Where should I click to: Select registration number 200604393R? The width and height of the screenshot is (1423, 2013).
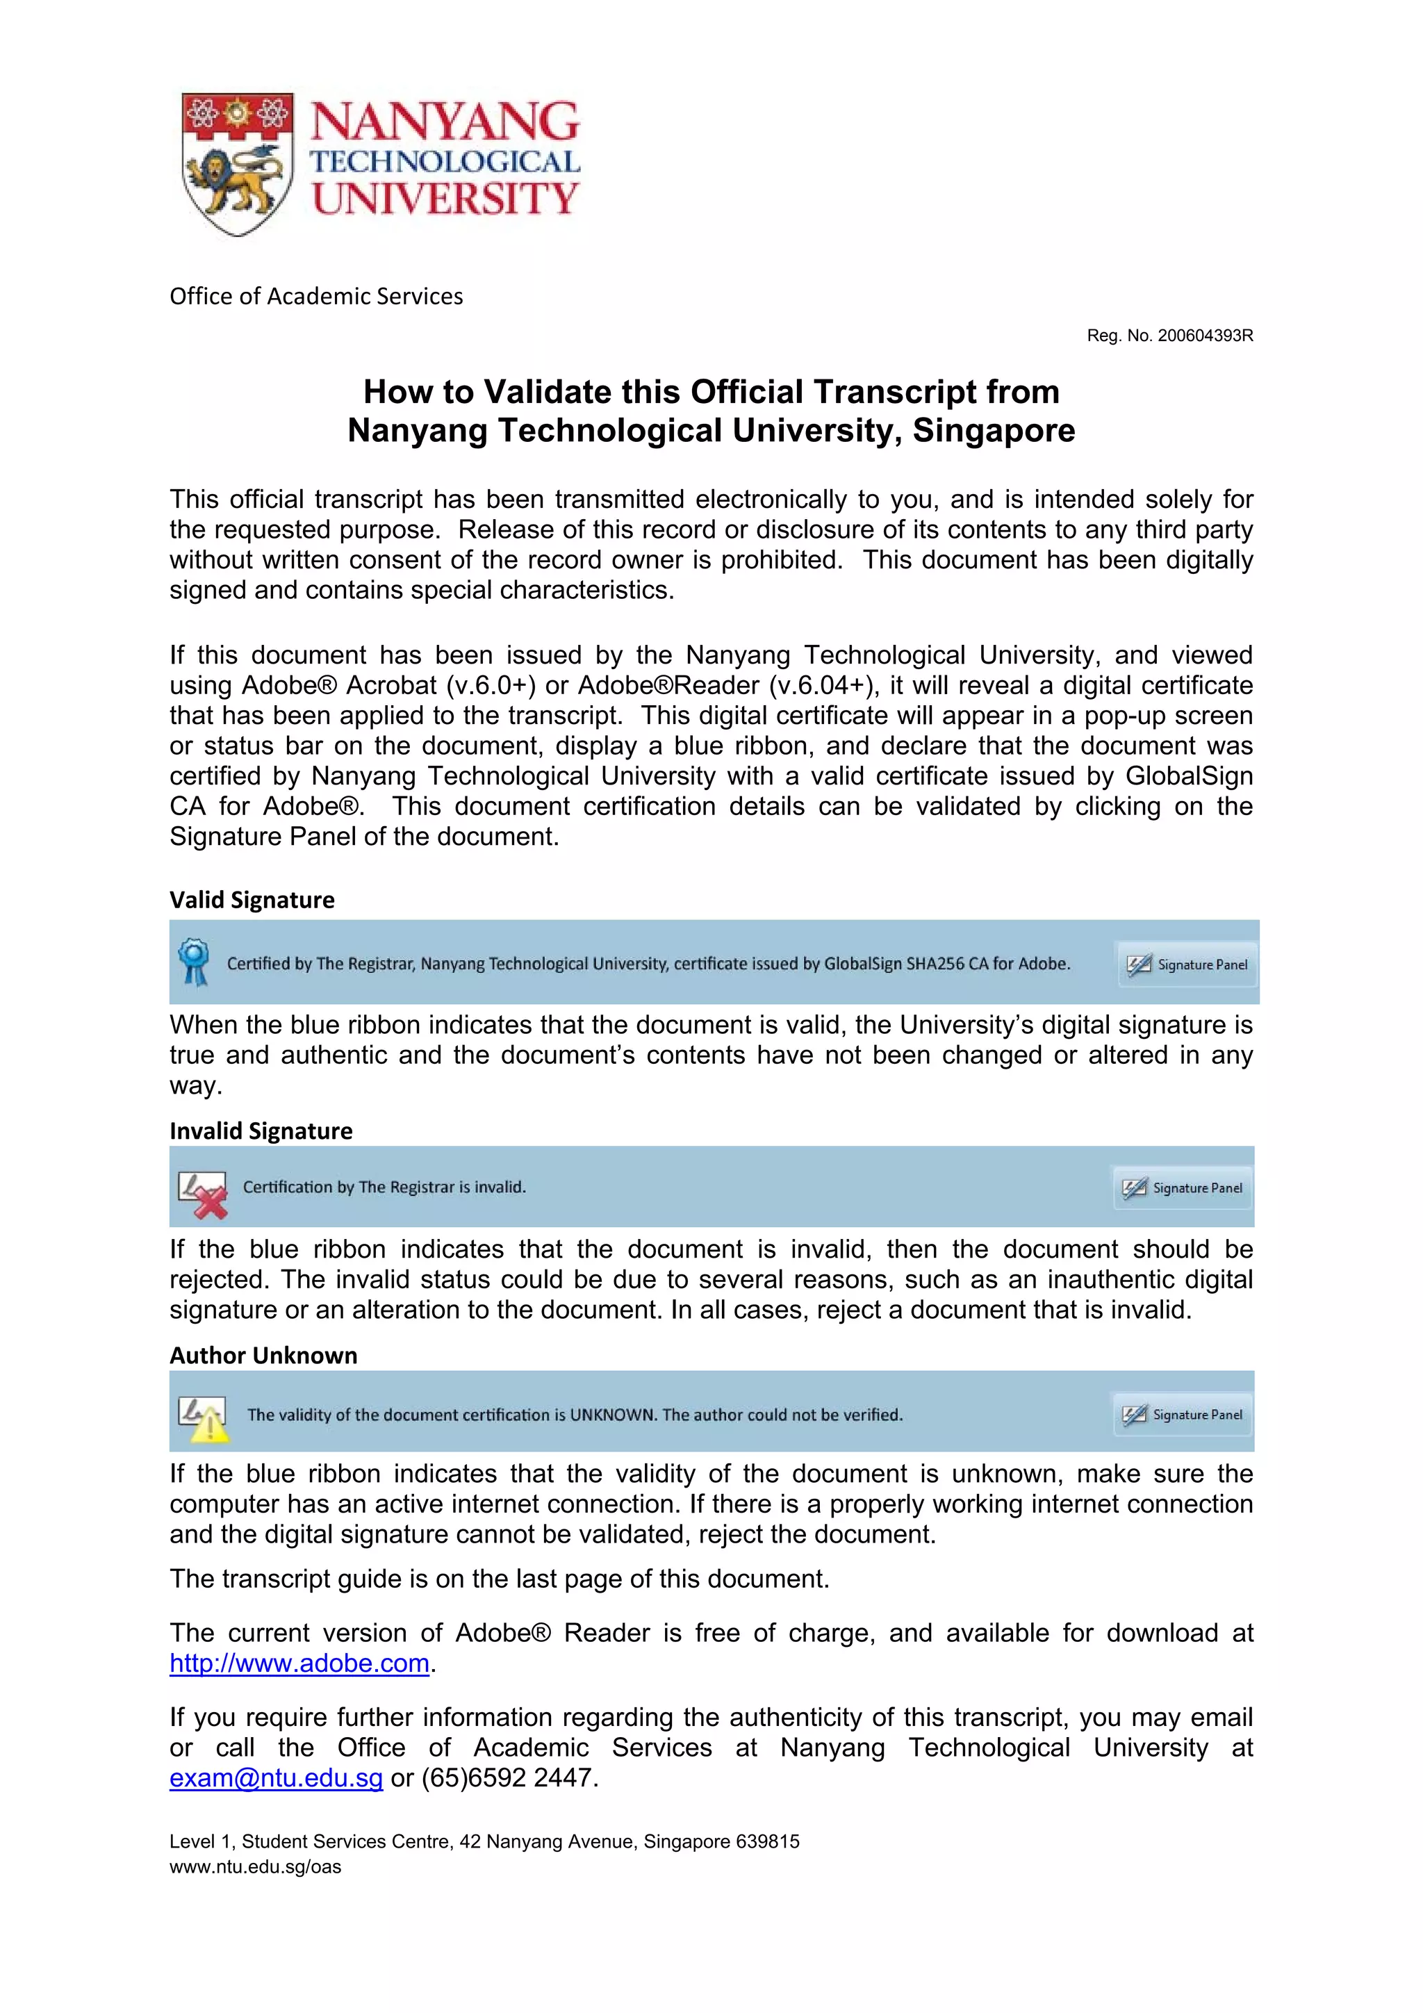click(x=1205, y=336)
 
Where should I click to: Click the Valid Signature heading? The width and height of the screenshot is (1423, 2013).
click(x=252, y=900)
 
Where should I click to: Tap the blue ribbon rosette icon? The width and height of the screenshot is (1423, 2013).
click(x=194, y=961)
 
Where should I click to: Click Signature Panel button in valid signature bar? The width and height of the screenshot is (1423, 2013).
click(x=1188, y=964)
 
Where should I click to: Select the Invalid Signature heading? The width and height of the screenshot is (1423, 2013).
click(x=261, y=1131)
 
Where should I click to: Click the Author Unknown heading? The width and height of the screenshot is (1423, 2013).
click(x=263, y=1356)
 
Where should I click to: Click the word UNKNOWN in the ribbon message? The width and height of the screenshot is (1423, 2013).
click(x=612, y=1415)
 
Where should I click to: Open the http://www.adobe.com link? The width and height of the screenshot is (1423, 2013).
click(x=299, y=1663)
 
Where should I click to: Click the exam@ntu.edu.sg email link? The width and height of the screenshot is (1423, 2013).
click(x=276, y=1778)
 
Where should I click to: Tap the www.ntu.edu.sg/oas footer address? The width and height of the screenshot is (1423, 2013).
click(x=255, y=1866)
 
